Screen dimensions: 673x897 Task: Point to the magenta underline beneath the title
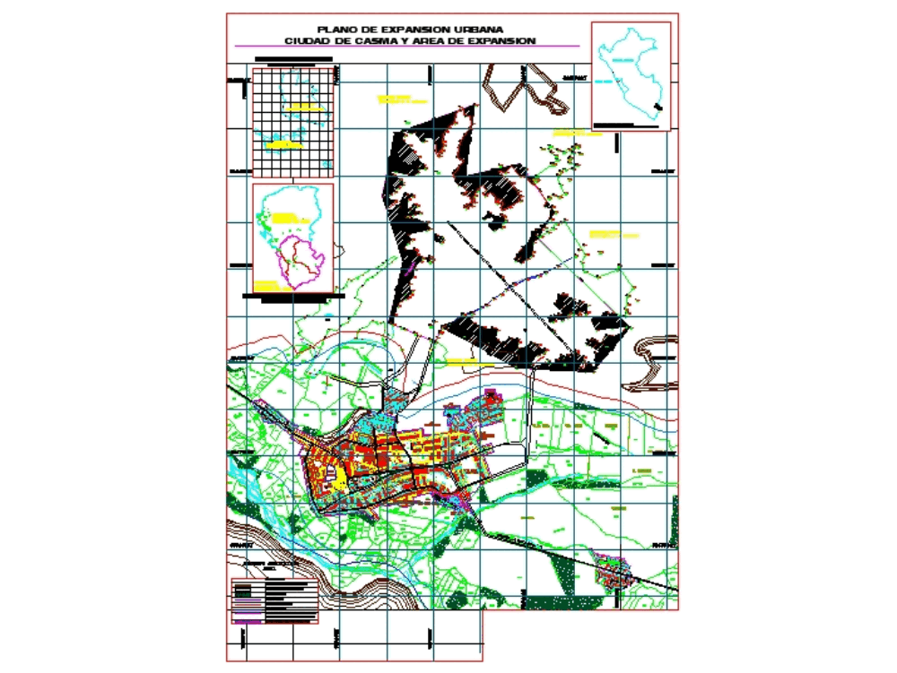404,47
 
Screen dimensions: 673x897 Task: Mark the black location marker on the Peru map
659,108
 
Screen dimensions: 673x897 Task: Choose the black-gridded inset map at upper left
294,121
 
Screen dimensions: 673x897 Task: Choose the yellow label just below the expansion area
459,361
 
